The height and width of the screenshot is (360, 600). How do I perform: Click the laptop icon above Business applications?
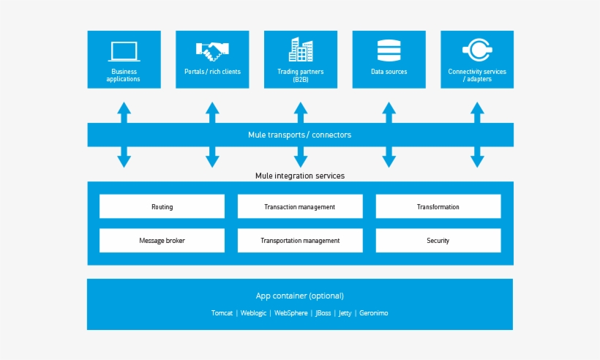click(x=124, y=51)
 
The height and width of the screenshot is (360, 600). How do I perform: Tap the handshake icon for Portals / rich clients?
click(x=212, y=50)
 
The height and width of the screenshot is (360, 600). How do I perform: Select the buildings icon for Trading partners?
click(x=301, y=50)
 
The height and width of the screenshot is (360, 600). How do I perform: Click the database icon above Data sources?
click(x=389, y=50)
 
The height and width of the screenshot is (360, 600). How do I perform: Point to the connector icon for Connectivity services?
click(x=477, y=50)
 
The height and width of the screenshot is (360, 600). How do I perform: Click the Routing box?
click(x=162, y=207)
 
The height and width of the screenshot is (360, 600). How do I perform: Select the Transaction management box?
click(x=300, y=207)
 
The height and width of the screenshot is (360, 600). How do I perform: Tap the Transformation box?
click(x=438, y=207)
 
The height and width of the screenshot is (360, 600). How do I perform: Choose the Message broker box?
click(x=162, y=241)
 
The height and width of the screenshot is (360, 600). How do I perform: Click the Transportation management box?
click(x=300, y=241)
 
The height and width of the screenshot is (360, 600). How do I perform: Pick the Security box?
click(x=438, y=241)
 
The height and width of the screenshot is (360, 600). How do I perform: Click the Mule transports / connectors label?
click(x=300, y=135)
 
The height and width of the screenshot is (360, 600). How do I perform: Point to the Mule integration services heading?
click(x=300, y=176)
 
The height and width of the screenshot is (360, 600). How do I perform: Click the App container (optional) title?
click(x=300, y=296)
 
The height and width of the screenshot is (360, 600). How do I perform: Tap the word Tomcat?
click(x=222, y=313)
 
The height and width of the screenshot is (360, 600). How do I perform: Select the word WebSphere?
click(x=291, y=313)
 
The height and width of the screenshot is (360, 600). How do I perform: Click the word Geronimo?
click(x=374, y=313)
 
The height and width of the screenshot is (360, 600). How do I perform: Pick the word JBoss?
click(x=323, y=313)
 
